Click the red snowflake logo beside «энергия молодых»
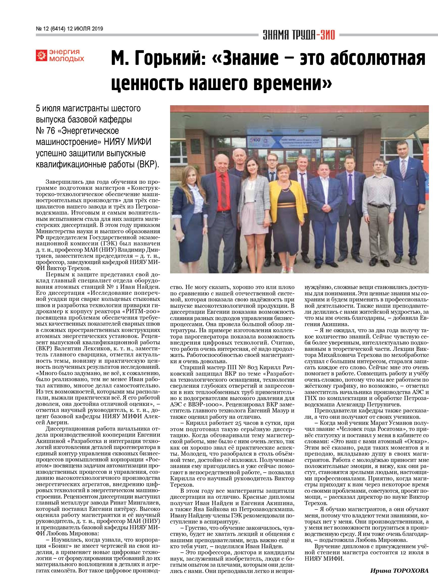click(42, 55)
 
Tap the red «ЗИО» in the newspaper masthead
click(326, 35)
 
